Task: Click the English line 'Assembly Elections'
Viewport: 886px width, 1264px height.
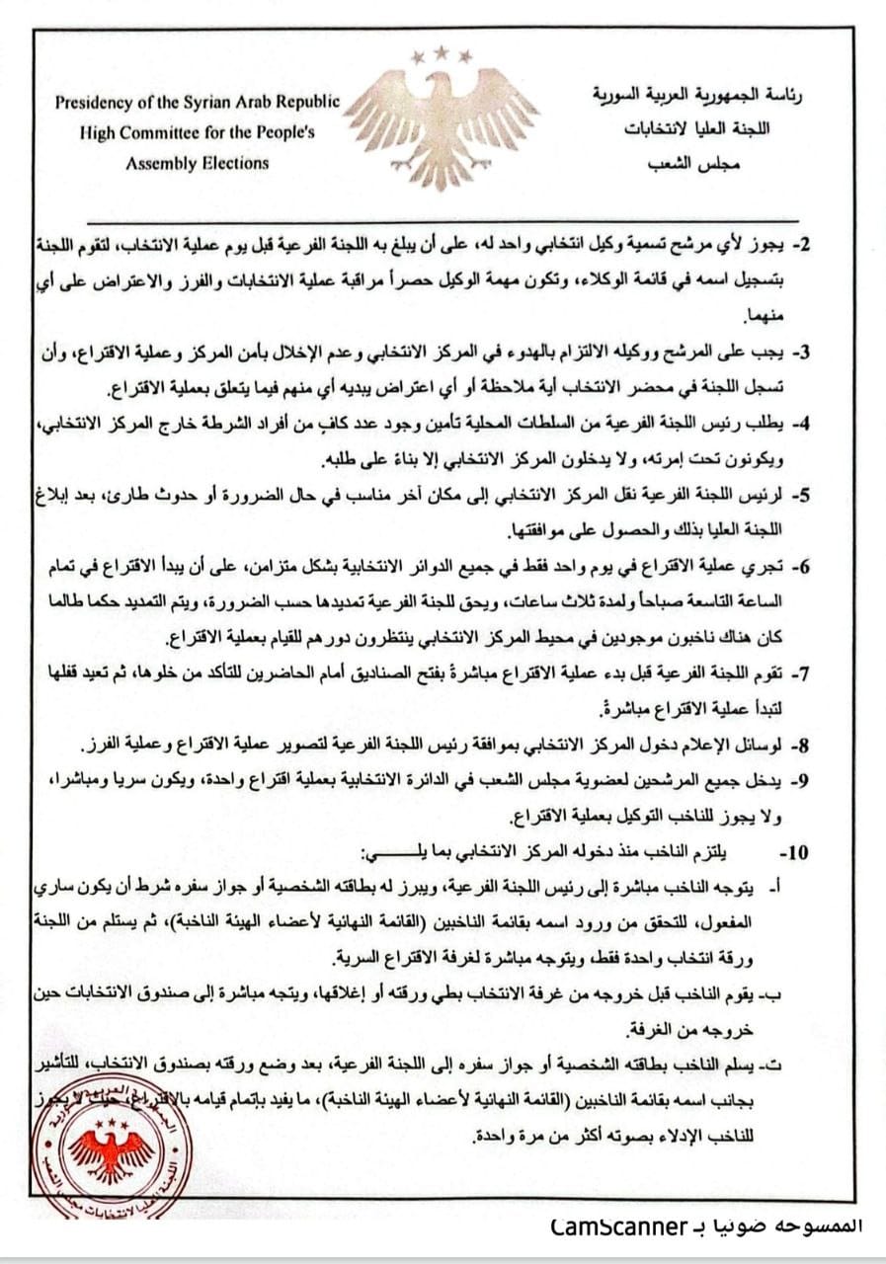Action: pyautogui.click(x=197, y=163)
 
